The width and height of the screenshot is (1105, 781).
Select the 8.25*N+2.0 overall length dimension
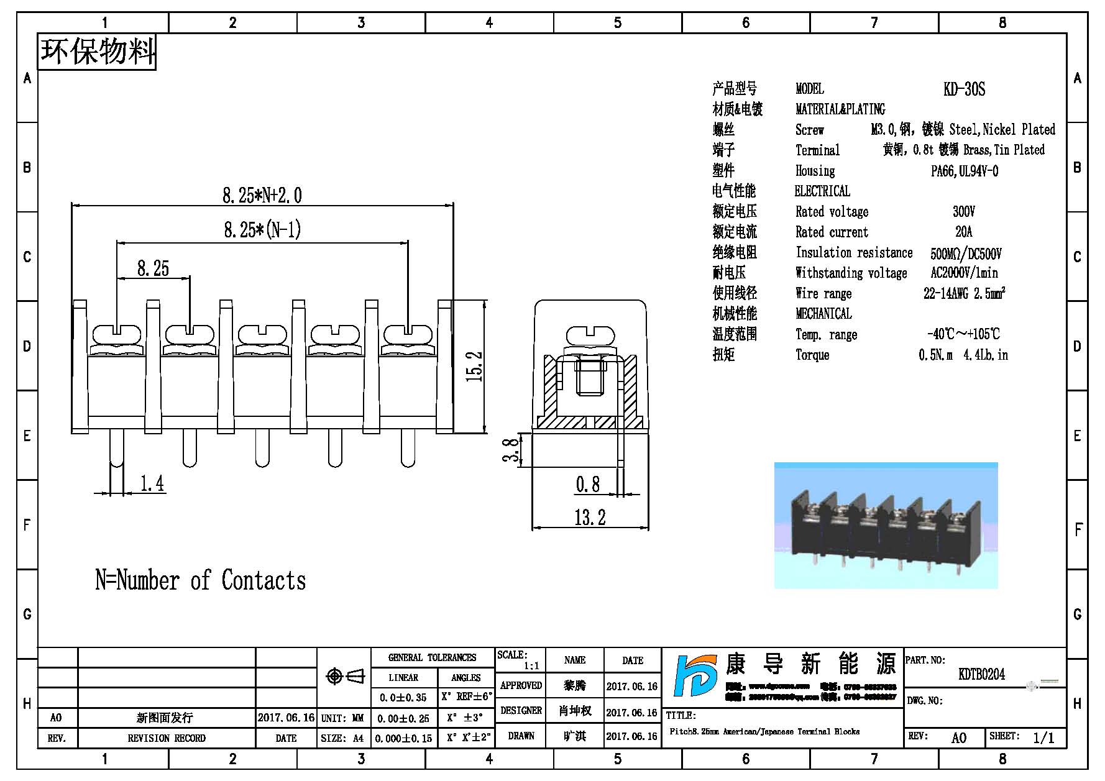tap(262, 196)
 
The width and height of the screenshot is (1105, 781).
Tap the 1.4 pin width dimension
tap(152, 483)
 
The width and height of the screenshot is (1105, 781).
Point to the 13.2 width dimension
tap(589, 517)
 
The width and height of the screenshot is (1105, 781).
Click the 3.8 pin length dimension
tap(511, 450)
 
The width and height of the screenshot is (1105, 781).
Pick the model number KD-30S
tap(964, 89)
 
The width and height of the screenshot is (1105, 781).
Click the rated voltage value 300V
tap(963, 212)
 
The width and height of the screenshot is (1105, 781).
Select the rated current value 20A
tap(963, 232)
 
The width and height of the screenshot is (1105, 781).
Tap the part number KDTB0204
tap(981, 674)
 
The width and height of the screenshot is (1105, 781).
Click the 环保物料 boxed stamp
tap(97, 52)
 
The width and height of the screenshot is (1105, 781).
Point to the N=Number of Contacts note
tap(200, 580)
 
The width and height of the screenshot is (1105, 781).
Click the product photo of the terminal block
tap(886, 526)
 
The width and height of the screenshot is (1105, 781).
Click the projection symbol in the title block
tap(346, 676)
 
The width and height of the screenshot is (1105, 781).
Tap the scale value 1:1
tap(531, 666)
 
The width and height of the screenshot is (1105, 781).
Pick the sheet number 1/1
tap(1043, 738)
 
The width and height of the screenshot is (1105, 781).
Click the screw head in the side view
tap(590, 336)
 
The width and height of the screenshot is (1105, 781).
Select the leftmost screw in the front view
tap(117, 336)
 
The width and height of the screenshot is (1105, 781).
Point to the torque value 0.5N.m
tap(935, 355)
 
